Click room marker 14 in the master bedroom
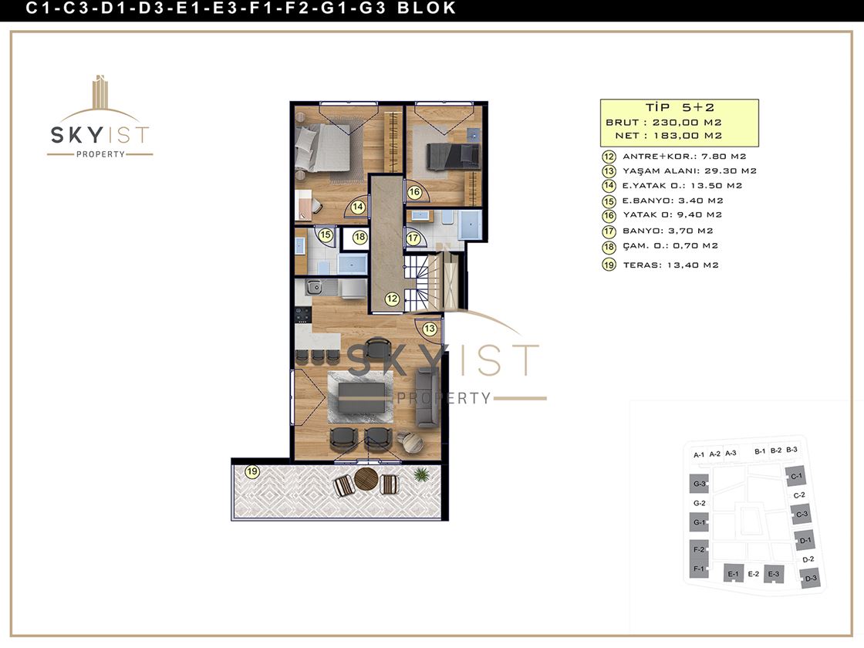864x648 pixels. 358,207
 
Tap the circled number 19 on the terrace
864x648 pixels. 252,471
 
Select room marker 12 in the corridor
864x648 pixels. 392,299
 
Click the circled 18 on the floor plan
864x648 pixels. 359,237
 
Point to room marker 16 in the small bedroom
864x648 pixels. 414,192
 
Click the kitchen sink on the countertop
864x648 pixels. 315,286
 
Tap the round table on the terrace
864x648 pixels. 366,479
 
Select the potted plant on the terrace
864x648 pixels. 421,474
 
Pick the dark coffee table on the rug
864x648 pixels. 362,397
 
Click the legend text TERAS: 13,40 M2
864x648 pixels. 670,265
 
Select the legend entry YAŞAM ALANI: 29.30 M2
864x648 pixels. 690,170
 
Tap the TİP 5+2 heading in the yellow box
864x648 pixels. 680,107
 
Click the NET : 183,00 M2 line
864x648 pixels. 668,136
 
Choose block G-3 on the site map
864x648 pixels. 699,484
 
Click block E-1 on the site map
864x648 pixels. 733,574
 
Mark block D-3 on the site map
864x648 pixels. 810,579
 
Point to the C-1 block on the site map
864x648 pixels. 796,476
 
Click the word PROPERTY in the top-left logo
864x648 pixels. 100,154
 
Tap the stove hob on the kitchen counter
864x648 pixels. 302,315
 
